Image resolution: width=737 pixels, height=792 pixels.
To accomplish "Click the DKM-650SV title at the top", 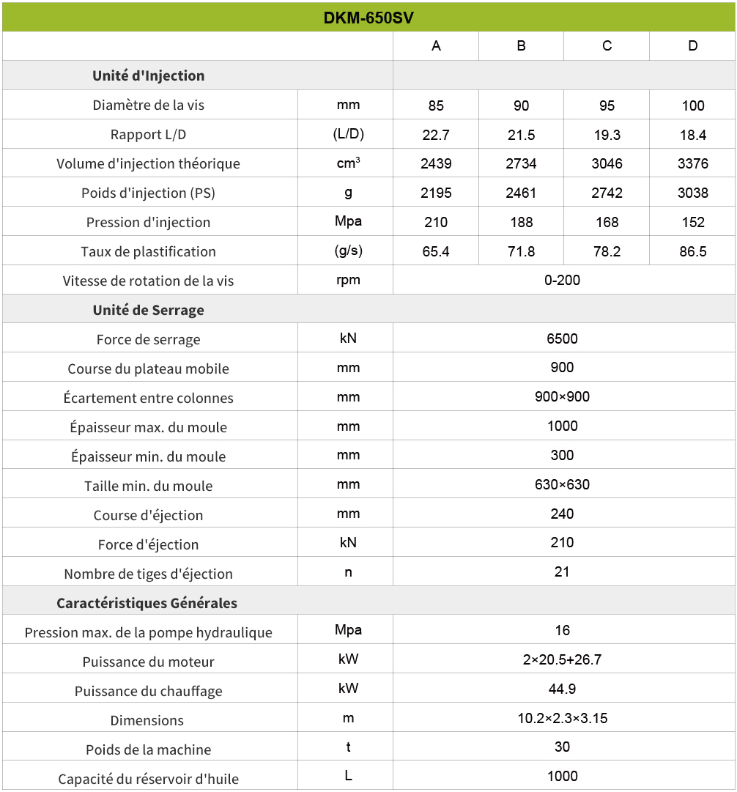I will click(368, 18).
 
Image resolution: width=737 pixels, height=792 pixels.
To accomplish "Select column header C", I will click(607, 46).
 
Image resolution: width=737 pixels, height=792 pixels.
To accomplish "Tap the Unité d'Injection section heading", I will click(149, 75).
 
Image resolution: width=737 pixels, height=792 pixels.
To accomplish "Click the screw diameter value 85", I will click(436, 106).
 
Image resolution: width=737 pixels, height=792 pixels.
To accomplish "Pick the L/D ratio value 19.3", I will click(607, 135).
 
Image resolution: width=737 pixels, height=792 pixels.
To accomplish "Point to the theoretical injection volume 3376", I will click(692, 163).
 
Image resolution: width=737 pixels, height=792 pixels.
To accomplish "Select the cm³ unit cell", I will click(348, 163).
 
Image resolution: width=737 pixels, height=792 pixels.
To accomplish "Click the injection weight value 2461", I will click(521, 193).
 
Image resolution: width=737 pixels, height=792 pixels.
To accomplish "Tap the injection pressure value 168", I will click(607, 222).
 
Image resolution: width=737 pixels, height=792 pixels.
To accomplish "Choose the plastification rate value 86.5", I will click(692, 251).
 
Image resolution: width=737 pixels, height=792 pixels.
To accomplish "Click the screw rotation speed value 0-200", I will click(563, 280).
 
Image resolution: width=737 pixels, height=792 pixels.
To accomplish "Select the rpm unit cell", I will click(348, 280).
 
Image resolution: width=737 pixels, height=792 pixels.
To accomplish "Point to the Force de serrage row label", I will click(149, 339).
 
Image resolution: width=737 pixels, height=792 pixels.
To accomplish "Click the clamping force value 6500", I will click(563, 338).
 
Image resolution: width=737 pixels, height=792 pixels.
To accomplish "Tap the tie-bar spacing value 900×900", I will click(563, 397).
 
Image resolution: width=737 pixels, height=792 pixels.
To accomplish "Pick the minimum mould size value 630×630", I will click(563, 484).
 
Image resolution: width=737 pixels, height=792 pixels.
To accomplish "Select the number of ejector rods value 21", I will click(563, 571).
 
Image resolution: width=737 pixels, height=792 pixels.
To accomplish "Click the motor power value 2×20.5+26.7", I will click(563, 659).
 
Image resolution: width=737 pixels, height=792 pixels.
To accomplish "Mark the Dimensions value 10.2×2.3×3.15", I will click(563, 718).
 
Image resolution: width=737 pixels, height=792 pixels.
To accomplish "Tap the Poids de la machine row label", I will click(149, 750).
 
